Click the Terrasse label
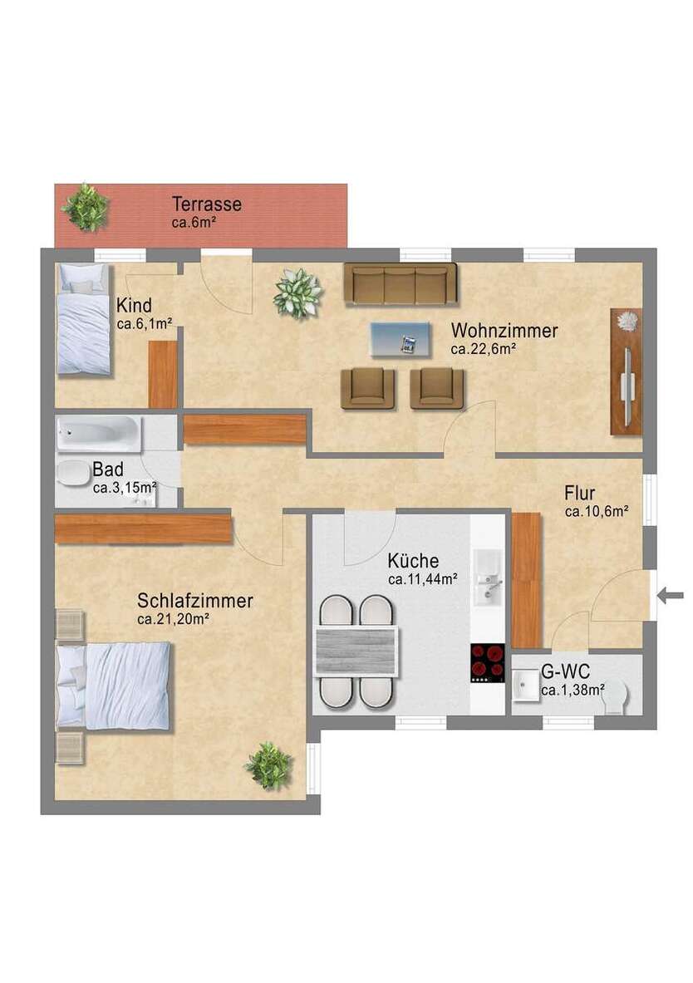[x=206, y=204]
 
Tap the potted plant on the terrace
[x=86, y=207]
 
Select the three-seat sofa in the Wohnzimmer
[x=401, y=284]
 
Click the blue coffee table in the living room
[x=401, y=339]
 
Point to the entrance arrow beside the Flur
[x=671, y=594]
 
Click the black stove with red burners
[x=488, y=662]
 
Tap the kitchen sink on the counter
[x=488, y=579]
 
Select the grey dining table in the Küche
[x=357, y=651]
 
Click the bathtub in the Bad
[x=97, y=434]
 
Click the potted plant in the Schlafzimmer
[x=268, y=765]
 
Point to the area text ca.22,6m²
[x=484, y=350]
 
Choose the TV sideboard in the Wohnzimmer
[x=627, y=371]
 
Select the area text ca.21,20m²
[x=173, y=618]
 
